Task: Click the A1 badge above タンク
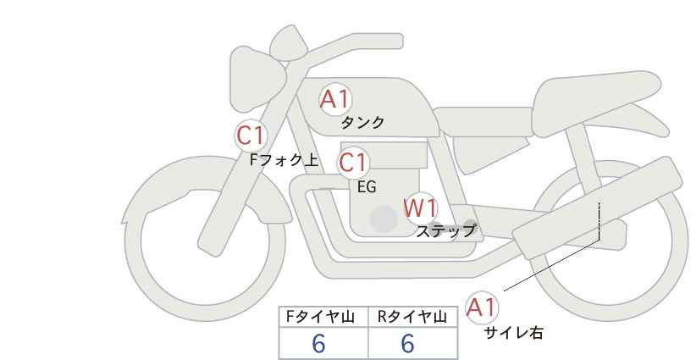pos(335,99)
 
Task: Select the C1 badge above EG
pos(352,163)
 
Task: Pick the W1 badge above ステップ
pos(419,208)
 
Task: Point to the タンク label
pos(362,123)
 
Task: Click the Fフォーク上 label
pos(284,158)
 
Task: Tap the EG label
pos(367,187)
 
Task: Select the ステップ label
pos(446,230)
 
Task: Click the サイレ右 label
pos(513,333)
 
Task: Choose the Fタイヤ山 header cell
pos(324,317)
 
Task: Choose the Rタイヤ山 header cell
pos(412,317)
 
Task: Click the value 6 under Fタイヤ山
pos(319,344)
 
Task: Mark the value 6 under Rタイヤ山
pos(407,344)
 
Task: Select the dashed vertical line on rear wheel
pos(599,222)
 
